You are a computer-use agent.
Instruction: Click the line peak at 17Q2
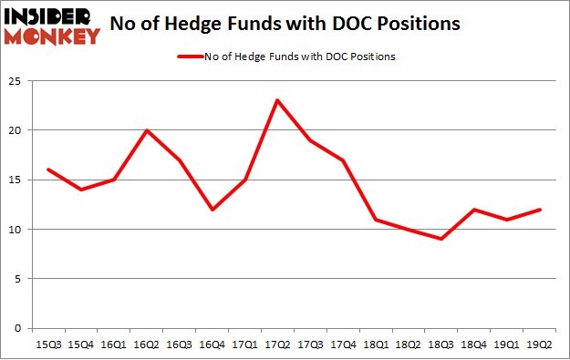pos(276,100)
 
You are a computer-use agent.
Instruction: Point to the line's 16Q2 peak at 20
pos(148,130)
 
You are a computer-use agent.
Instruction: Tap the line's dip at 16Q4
pos(212,210)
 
